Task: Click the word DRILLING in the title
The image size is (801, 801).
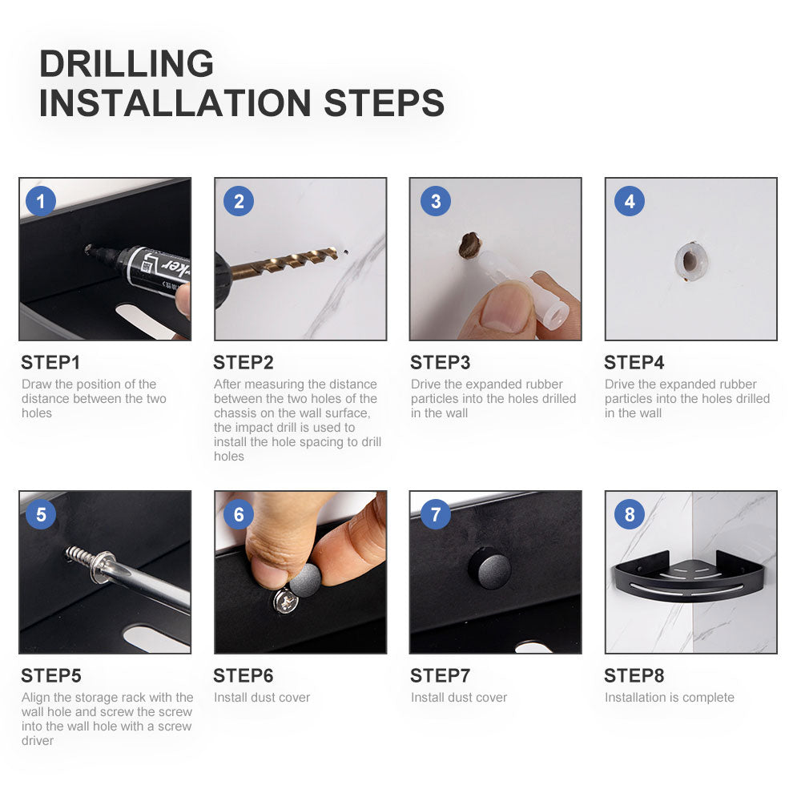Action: [127, 63]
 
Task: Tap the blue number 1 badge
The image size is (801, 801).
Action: [41, 201]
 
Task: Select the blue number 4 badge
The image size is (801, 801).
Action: [630, 201]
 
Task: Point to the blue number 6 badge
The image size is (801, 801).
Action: [239, 514]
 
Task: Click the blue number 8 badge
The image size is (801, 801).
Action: [630, 514]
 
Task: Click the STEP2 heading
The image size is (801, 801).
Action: [244, 363]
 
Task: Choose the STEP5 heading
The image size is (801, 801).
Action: [51, 676]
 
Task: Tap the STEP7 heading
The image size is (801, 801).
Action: [440, 676]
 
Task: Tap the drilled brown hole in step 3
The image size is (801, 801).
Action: [469, 246]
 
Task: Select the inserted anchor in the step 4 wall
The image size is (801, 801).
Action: [691, 261]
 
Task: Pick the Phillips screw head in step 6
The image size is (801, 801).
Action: [287, 602]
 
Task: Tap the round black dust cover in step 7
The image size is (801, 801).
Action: [489, 568]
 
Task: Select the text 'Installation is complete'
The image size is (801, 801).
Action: [669, 698]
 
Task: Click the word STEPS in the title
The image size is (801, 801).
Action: [384, 103]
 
